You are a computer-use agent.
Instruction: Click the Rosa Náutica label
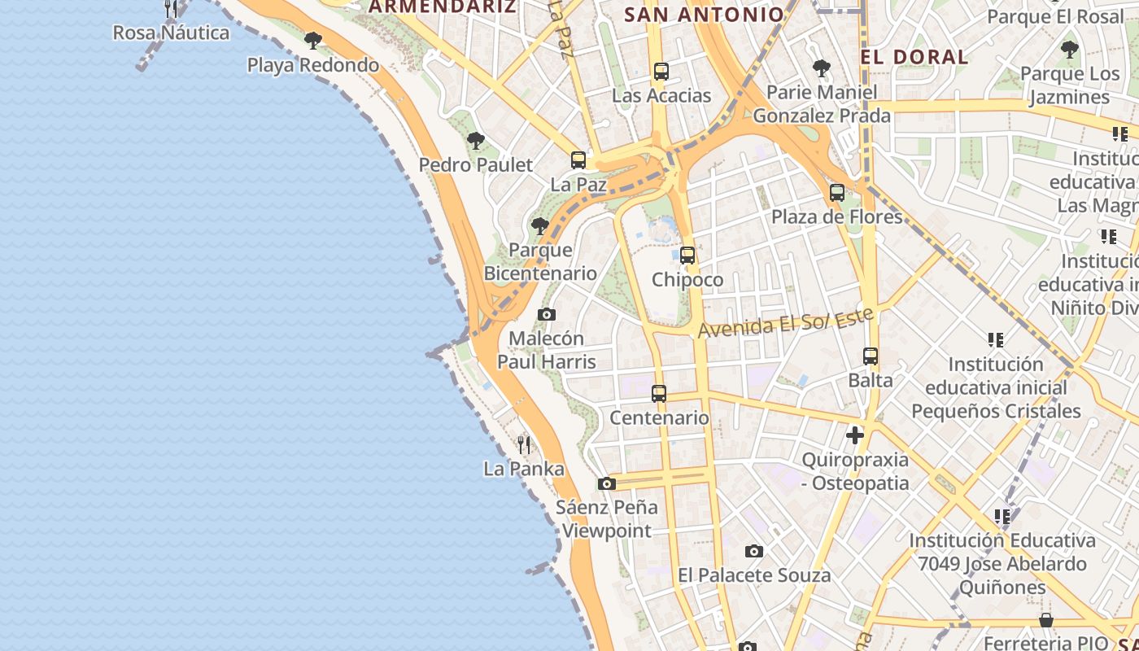171,33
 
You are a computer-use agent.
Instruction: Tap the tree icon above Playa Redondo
312,40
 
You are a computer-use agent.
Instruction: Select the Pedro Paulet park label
476,164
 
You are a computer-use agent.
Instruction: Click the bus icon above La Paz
578,159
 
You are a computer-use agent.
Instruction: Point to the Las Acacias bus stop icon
661,71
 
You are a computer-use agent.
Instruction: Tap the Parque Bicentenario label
540,261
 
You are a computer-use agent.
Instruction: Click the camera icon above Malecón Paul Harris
547,314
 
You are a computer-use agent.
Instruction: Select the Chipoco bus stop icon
687,255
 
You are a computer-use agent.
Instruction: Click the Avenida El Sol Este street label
785,321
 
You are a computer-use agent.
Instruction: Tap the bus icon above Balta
871,356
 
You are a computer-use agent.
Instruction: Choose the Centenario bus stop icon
659,394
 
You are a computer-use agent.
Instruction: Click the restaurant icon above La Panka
524,444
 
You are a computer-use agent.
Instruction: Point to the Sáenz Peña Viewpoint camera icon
606,483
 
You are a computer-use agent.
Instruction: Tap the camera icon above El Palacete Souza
754,551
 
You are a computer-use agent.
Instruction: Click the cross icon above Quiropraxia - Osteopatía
855,435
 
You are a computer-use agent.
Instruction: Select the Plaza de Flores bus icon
837,193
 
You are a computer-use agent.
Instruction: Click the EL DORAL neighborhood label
914,57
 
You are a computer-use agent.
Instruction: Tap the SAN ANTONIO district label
704,14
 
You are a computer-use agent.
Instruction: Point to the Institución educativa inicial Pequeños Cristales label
996,387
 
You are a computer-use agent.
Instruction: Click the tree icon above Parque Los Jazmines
1070,50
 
